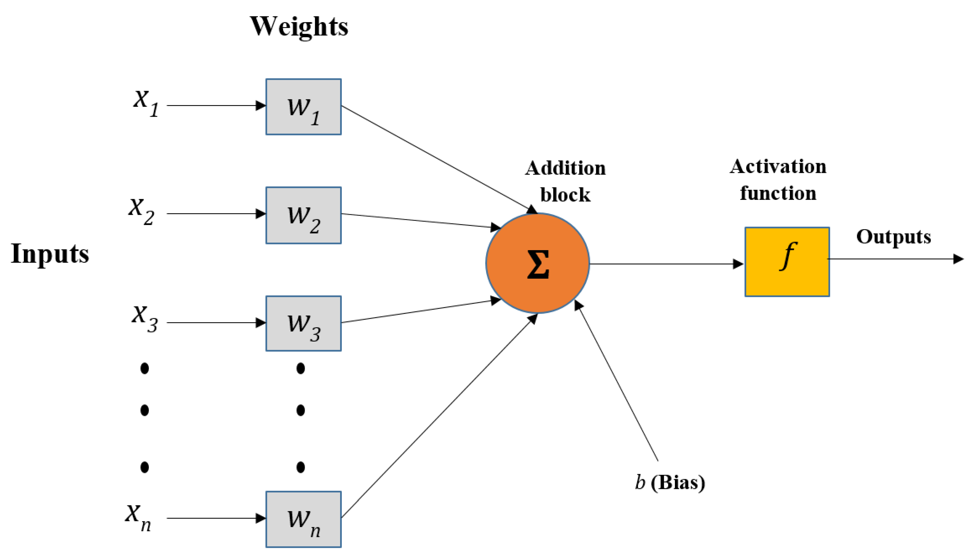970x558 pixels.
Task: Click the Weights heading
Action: [x=299, y=27]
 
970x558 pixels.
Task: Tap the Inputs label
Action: [x=50, y=254]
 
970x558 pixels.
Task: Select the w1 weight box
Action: [x=303, y=107]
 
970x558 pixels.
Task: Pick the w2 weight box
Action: [x=303, y=215]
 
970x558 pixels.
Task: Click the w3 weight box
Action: [x=303, y=323]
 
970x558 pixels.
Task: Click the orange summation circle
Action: [x=537, y=263]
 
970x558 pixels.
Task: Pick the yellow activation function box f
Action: [x=787, y=262]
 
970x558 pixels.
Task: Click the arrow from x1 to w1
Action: [x=215, y=105]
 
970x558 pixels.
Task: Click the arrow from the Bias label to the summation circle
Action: [x=617, y=383]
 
